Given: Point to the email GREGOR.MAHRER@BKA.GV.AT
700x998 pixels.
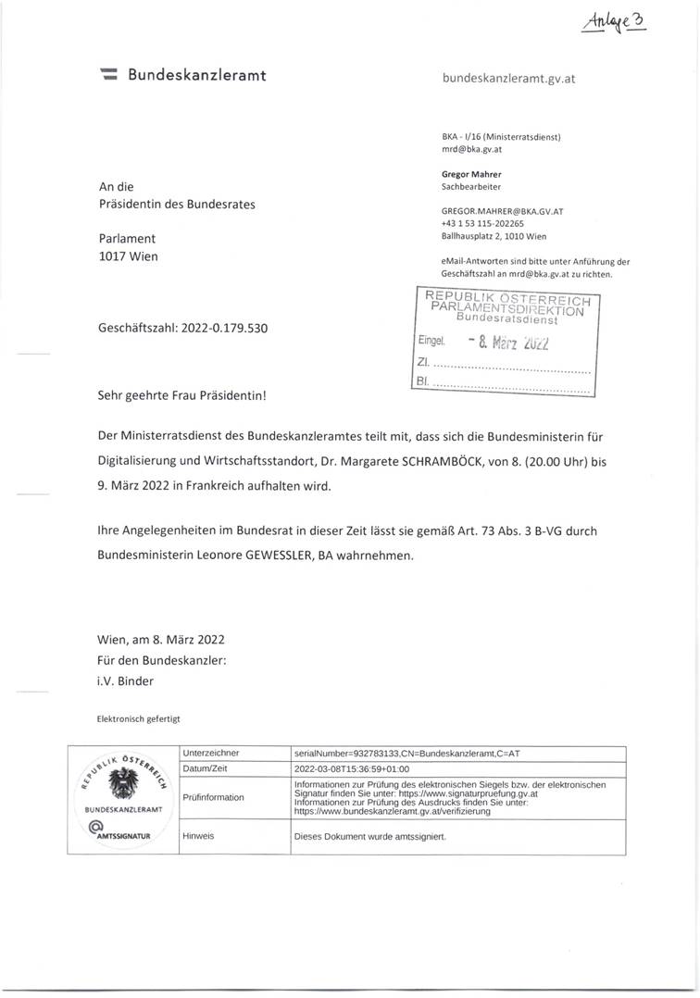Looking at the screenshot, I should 503,211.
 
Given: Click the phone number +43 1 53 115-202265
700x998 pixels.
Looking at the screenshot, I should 482,223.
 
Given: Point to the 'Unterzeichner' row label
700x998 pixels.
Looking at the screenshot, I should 213,754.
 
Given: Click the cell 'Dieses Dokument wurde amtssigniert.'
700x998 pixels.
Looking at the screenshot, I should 369,835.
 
